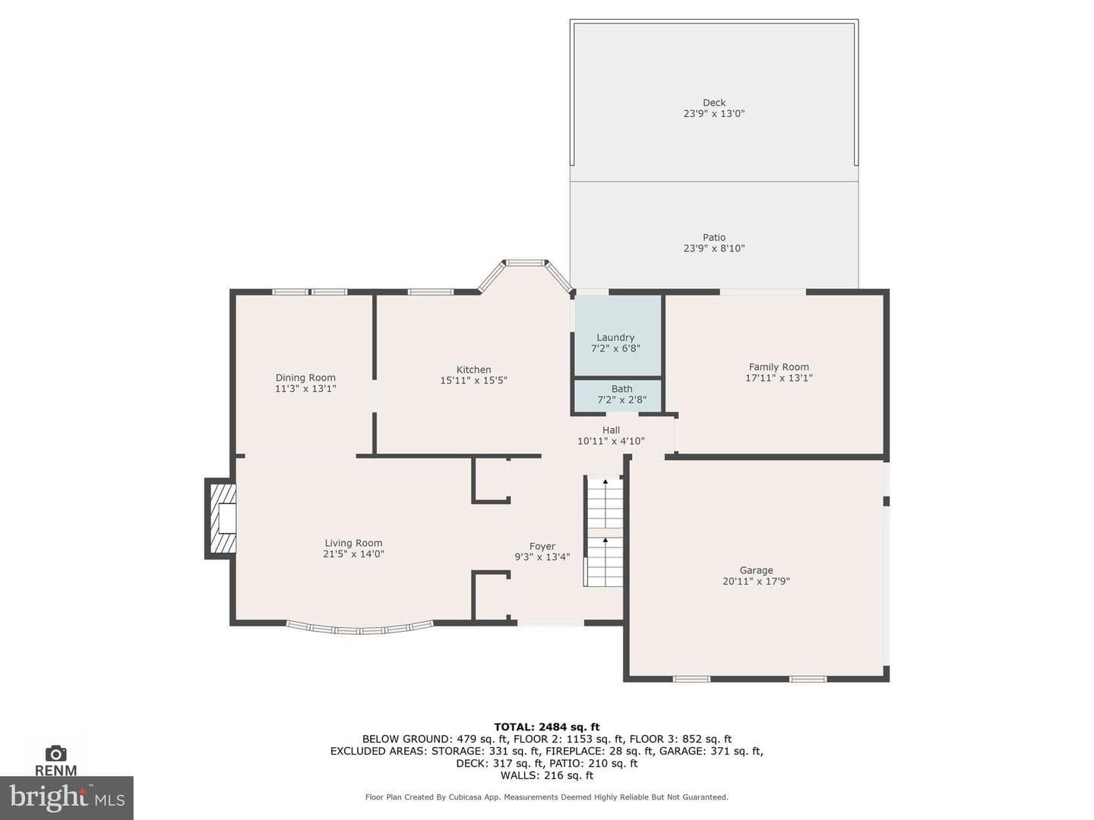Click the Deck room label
[713, 102]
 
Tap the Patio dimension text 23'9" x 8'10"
[713, 248]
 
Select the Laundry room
[618, 336]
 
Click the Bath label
[621, 388]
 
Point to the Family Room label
[779, 367]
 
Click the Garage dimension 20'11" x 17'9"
[756, 581]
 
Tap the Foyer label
[542, 546]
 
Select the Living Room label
[353, 543]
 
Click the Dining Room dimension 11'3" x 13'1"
[305, 389]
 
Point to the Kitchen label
[473, 370]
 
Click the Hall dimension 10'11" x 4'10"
[611, 441]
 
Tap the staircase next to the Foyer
[603, 531]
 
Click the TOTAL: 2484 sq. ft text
[547, 727]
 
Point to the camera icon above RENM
[55, 753]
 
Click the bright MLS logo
[67, 797]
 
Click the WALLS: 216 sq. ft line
[547, 775]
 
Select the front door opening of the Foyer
[550, 623]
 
